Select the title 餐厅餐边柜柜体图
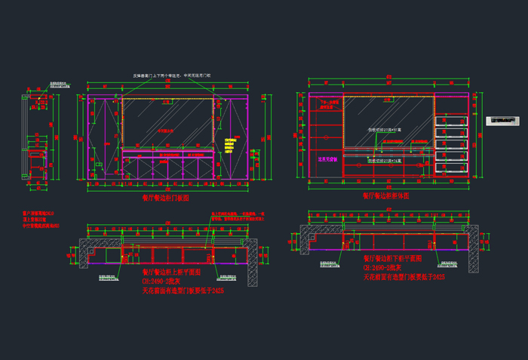tap(385, 195)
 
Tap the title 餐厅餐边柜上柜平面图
tap(172, 271)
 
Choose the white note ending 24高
tap(385, 161)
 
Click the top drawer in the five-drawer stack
tap(451, 121)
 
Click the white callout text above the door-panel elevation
tap(173, 75)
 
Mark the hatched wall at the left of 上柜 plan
tap(85, 253)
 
